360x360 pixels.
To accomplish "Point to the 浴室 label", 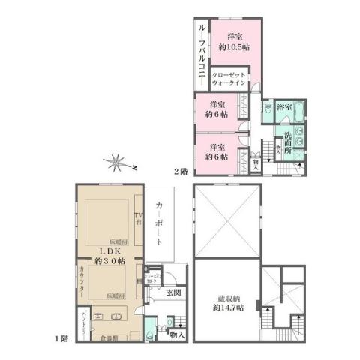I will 286,107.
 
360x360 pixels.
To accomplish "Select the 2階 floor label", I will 181,171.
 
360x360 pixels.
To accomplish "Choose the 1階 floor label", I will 62,338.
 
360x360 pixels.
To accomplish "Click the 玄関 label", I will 173,292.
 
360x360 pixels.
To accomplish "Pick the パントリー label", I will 84,322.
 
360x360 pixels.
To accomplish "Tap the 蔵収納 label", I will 225,296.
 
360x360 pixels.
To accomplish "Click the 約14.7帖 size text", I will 225,307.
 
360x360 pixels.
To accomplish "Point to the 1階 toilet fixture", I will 152,325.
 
